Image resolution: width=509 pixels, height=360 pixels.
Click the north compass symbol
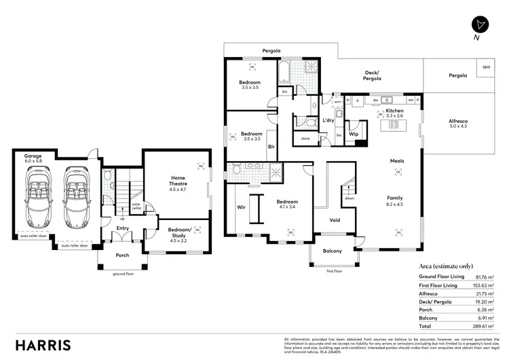[480, 24]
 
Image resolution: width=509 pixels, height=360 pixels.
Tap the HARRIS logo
[42, 344]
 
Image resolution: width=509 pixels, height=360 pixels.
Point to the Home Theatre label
[177, 181]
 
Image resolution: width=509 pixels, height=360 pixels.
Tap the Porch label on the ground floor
[122, 255]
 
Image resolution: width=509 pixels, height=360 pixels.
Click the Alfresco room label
[458, 123]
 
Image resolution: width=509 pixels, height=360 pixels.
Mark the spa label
[486, 67]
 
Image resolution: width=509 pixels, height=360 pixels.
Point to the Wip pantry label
[354, 134]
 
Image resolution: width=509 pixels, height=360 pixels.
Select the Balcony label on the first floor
[333, 251]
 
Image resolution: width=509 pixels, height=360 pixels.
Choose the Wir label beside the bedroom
[240, 206]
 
